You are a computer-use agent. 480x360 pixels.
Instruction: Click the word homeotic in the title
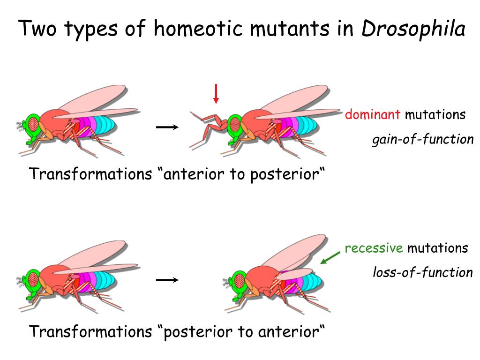197,29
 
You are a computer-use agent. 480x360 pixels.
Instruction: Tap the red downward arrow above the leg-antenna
216,94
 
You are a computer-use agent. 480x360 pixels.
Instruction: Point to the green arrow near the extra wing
330,257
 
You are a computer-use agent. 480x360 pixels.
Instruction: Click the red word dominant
373,114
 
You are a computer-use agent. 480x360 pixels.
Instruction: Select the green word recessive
374,248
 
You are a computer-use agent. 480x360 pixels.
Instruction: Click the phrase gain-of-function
423,140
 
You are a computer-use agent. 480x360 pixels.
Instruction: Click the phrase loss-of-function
423,272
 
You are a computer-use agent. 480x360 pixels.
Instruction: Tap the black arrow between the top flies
167,127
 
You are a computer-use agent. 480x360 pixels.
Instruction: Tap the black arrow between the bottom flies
167,280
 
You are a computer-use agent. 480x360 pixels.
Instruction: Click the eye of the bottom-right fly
240,281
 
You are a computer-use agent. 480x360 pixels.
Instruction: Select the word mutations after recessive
437,248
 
